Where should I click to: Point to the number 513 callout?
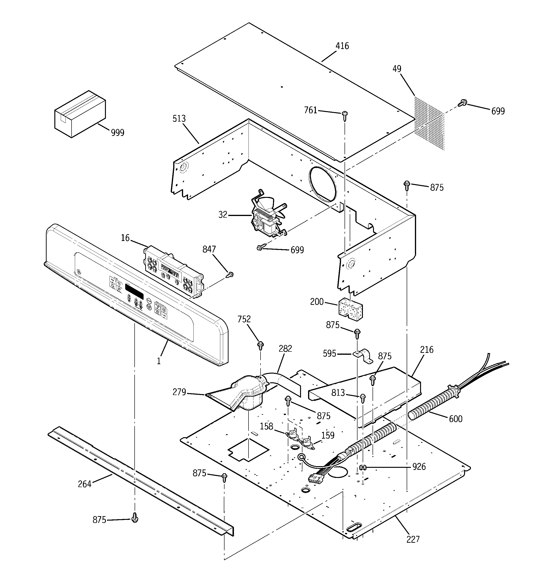click(x=179, y=119)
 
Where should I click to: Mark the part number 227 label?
click(x=413, y=539)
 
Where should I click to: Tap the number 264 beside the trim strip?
click(x=84, y=484)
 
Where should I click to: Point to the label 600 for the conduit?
click(x=455, y=419)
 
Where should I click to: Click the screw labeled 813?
click(x=362, y=397)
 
